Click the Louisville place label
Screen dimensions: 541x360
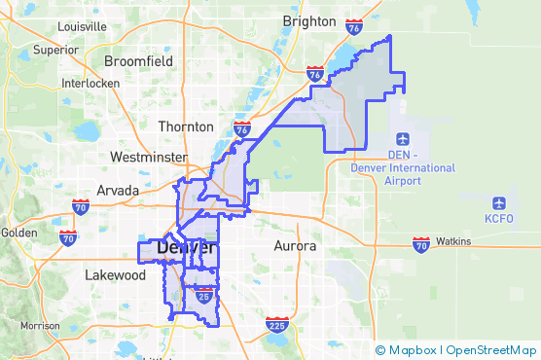tap(81, 27)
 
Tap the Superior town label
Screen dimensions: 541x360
tap(55, 49)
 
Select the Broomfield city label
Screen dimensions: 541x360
tap(138, 61)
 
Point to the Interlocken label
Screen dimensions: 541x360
tap(89, 84)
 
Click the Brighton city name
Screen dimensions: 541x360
tap(308, 20)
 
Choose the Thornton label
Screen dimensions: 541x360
tap(186, 126)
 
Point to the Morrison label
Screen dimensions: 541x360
tap(40, 326)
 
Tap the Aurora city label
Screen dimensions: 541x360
tap(296, 246)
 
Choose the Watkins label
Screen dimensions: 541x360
tap(452, 240)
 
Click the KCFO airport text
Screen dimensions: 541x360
tap(498, 222)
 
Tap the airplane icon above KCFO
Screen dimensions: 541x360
tap(499, 203)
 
